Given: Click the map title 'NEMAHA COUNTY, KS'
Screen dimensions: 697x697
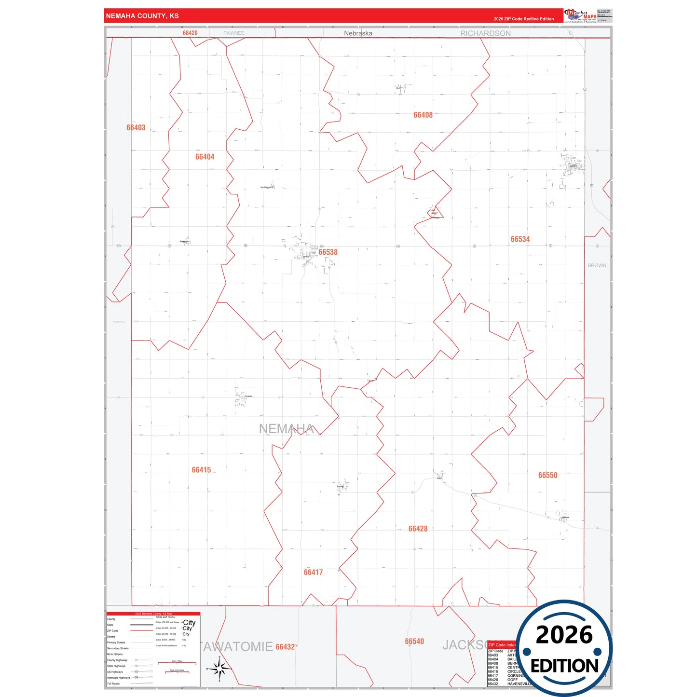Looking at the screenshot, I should pos(142,16).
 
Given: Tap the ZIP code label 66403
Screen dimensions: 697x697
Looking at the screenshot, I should pos(136,128).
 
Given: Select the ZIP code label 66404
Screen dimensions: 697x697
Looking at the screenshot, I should pos(205,157).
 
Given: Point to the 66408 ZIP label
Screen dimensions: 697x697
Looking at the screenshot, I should pos(423,115).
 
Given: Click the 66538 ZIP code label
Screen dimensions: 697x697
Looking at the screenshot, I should pos(328,252).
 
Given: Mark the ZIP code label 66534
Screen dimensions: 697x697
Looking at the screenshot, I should pos(520,239).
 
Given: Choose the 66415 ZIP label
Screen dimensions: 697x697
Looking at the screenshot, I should pos(201,470).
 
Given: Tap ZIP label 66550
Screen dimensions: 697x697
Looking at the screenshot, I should pos(547,475).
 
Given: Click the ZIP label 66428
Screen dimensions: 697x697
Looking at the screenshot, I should pos(418,529).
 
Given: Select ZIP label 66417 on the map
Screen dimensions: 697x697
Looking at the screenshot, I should pos(313,572).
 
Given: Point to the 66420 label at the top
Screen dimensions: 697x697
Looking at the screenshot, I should pos(190,33).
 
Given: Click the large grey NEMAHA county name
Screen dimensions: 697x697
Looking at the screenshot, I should pos(287,429).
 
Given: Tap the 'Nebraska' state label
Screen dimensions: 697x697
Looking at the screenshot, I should pos(358,33).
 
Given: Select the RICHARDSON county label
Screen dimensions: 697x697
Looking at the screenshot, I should pos(485,33).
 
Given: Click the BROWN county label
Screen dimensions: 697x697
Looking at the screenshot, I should pos(597,265).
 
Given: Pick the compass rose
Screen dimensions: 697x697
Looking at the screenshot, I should pos(219,669).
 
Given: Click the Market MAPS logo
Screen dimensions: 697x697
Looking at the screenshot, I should pos(580,16).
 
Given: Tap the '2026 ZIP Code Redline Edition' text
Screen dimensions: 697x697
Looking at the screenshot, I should pos(524,19).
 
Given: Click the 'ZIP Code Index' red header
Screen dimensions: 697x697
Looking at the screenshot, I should pos(502,645).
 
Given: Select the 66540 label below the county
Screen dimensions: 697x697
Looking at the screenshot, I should pos(414,641).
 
